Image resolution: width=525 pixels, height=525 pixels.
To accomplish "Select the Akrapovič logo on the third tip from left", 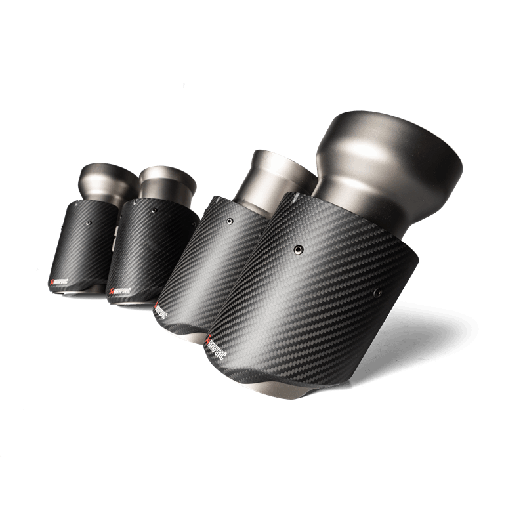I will pyautogui.click(x=165, y=314).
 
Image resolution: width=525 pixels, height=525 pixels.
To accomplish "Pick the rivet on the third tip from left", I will pyautogui.click(x=229, y=221).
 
